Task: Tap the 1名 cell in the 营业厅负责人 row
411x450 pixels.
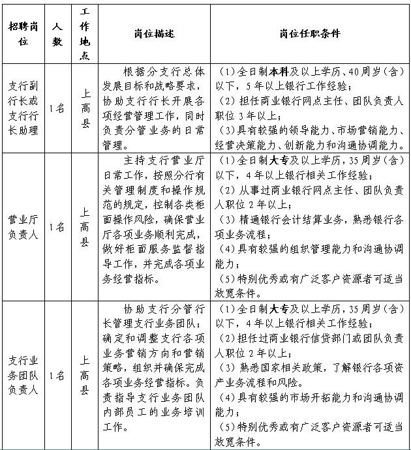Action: pos(57,227)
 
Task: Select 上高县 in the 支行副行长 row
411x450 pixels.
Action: pos(85,108)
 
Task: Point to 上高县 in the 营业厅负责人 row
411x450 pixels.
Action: pos(85,227)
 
